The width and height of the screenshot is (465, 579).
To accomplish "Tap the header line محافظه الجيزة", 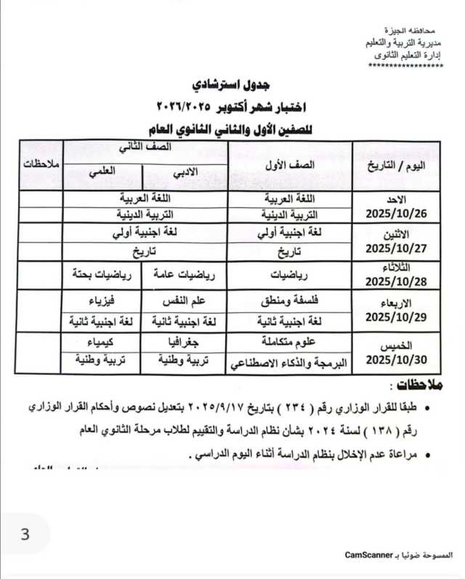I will pyautogui.click(x=418, y=33).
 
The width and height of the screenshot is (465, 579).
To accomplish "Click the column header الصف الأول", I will pyautogui.click(x=290, y=165).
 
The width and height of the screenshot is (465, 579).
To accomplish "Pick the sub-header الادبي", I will pyautogui.click(x=185, y=173).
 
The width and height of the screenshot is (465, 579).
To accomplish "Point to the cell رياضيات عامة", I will pyautogui.click(x=185, y=274).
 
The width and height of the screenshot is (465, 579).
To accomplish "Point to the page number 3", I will pyautogui.click(x=25, y=535).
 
